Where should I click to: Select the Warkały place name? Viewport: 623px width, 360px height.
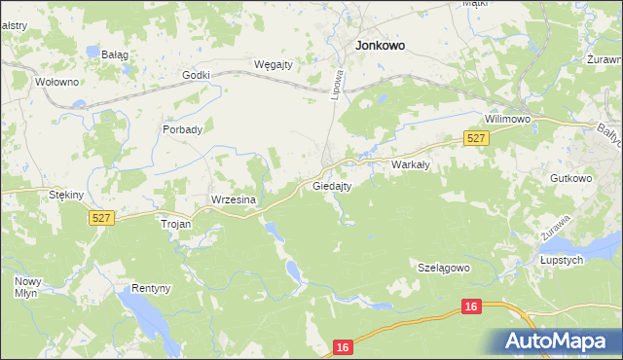point(411,165)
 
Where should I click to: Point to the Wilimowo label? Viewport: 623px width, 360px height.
point(508,120)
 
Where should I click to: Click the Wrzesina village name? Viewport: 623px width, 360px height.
point(234,199)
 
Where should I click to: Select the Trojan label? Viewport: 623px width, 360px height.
point(176,223)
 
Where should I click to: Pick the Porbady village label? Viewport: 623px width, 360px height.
point(183,129)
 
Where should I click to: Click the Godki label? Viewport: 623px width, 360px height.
point(197,75)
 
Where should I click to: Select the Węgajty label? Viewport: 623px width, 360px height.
point(274,64)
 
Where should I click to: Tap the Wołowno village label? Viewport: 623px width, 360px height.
point(55,82)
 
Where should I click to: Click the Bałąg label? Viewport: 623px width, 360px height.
point(116,54)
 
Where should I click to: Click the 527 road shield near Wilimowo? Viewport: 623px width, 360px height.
point(476,139)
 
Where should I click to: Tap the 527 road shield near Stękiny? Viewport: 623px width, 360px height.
point(101,219)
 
